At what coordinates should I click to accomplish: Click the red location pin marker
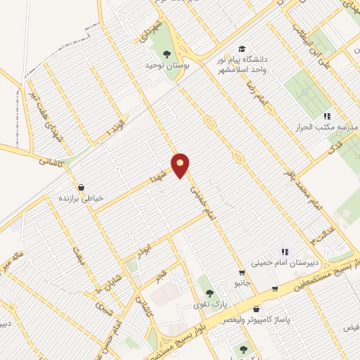(181, 165)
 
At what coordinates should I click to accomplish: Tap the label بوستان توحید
(148, 65)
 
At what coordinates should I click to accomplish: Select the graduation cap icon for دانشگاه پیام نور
(242, 49)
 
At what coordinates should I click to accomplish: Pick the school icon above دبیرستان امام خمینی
(285, 251)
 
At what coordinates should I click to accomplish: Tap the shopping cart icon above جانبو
(242, 273)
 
